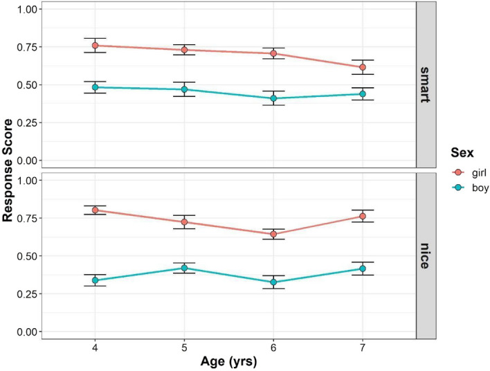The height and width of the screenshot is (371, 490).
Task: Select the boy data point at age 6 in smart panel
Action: click(x=273, y=98)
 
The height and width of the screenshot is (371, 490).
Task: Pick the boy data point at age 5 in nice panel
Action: click(x=184, y=268)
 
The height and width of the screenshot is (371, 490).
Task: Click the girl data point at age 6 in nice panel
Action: click(x=273, y=234)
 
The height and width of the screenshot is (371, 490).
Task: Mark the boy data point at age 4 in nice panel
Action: click(x=95, y=280)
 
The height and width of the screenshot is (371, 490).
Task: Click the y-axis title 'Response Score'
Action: click(x=8, y=170)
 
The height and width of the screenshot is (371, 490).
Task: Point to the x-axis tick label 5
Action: click(x=184, y=347)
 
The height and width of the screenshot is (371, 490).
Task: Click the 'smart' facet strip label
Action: click(x=427, y=84)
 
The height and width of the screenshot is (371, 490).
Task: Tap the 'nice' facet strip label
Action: click(x=427, y=255)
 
